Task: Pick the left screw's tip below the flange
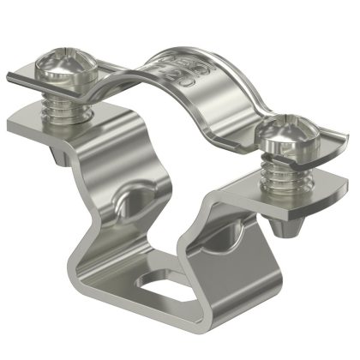pyautogui.click(x=69, y=152)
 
